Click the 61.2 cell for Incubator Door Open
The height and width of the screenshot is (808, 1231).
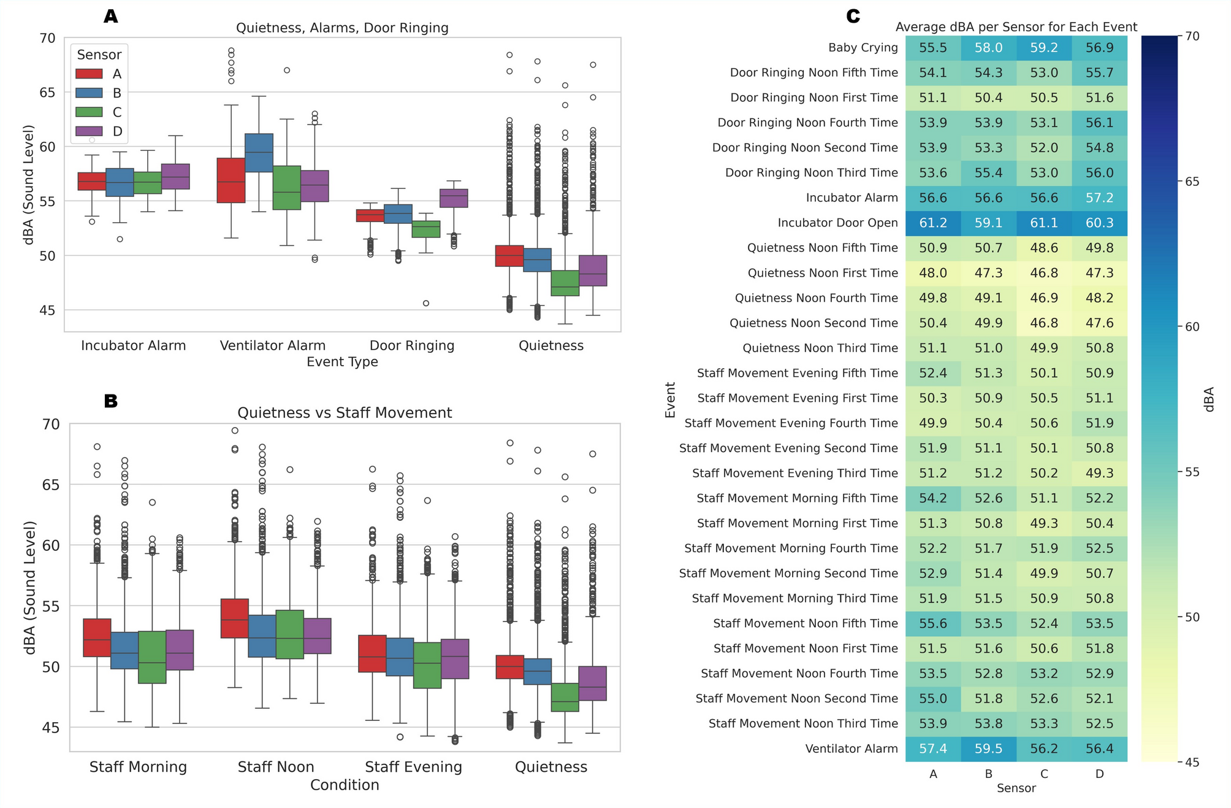pos(932,223)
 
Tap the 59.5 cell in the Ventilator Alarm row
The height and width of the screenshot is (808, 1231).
pos(988,748)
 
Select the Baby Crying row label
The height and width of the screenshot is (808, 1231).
pos(863,48)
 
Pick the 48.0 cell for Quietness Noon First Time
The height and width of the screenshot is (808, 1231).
pos(932,273)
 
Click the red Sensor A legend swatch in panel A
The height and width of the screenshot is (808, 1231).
pos(89,74)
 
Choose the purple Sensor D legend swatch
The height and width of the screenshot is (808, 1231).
pos(89,131)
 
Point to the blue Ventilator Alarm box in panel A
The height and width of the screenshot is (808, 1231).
pos(259,153)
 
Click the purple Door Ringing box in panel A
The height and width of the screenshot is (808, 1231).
pos(454,198)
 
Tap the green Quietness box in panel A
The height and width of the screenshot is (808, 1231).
pos(565,283)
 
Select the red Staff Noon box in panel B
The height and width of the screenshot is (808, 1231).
pos(234,618)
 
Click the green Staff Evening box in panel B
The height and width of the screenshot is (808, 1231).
pos(427,665)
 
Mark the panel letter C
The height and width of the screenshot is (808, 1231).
pos(853,17)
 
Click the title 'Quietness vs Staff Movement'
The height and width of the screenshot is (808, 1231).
pos(345,413)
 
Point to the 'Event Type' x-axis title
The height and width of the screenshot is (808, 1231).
pos(342,362)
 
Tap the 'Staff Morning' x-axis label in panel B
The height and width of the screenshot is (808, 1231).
pos(138,767)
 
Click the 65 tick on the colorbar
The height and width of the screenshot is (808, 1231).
pos(1192,182)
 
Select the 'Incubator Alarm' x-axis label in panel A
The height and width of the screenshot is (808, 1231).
pos(133,345)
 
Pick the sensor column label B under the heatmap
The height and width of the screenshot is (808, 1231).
pos(988,774)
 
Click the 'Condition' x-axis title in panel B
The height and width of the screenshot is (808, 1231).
pos(345,785)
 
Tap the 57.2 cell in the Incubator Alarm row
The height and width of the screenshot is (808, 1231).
pos(1099,198)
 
